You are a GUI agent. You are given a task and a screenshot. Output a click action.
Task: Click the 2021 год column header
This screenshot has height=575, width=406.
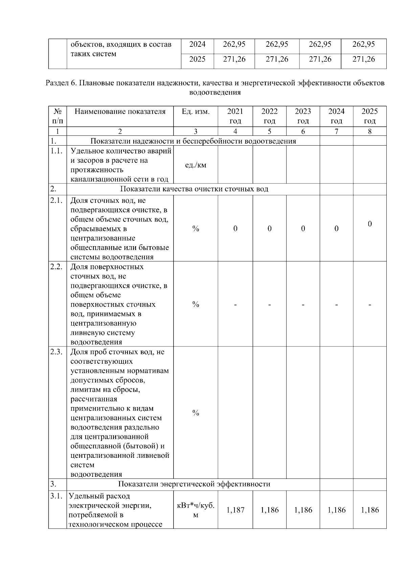click(235, 116)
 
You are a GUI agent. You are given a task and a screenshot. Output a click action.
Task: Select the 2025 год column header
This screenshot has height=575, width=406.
click(369, 116)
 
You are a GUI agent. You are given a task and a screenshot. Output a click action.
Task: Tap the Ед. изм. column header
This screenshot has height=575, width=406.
click(196, 112)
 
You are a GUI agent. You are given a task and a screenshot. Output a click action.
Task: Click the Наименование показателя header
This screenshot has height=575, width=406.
click(120, 112)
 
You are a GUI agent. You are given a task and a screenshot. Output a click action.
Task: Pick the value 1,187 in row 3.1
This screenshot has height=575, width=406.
click(235, 510)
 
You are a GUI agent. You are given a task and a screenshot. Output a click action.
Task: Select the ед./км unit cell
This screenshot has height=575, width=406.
click(196, 165)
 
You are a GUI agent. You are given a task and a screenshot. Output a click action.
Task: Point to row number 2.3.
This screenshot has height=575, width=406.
click(57, 352)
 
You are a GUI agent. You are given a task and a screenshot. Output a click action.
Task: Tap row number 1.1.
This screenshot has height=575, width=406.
click(57, 151)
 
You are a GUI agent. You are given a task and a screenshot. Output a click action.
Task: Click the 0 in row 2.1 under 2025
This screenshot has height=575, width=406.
click(370, 224)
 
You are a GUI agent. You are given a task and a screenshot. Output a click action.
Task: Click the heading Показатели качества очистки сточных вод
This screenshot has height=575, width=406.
click(194, 189)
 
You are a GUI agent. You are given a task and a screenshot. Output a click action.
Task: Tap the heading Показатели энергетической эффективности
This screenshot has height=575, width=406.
click(194, 484)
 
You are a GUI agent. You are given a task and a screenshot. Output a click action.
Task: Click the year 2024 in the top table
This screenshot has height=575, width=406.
click(197, 44)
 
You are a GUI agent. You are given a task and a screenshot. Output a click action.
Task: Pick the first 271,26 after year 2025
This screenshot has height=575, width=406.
click(234, 59)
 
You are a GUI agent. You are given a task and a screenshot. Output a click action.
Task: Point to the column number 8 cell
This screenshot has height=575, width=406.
click(369, 131)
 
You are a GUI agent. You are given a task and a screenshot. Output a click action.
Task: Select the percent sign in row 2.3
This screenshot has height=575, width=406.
click(196, 413)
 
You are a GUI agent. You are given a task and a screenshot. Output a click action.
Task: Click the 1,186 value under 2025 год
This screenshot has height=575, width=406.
click(370, 510)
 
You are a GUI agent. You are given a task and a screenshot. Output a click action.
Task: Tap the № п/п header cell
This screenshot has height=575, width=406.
click(58, 116)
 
